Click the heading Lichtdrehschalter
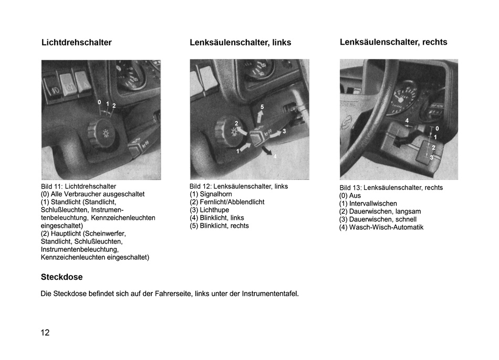click(76, 43)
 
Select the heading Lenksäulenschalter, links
click(240, 43)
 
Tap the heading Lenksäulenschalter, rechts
click(393, 42)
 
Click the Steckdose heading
click(62, 277)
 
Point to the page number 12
click(45, 333)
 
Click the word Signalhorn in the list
click(216, 194)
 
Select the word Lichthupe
click(214, 210)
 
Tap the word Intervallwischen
click(373, 204)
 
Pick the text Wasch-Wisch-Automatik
click(387, 227)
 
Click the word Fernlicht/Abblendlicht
click(232, 202)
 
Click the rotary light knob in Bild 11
click(100, 133)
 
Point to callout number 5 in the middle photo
click(262, 107)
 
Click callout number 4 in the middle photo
click(275, 156)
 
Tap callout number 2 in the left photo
click(114, 105)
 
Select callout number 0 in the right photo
click(437, 129)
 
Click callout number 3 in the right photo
click(432, 157)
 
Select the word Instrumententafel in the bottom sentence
click(270, 294)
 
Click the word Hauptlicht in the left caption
click(66, 234)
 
